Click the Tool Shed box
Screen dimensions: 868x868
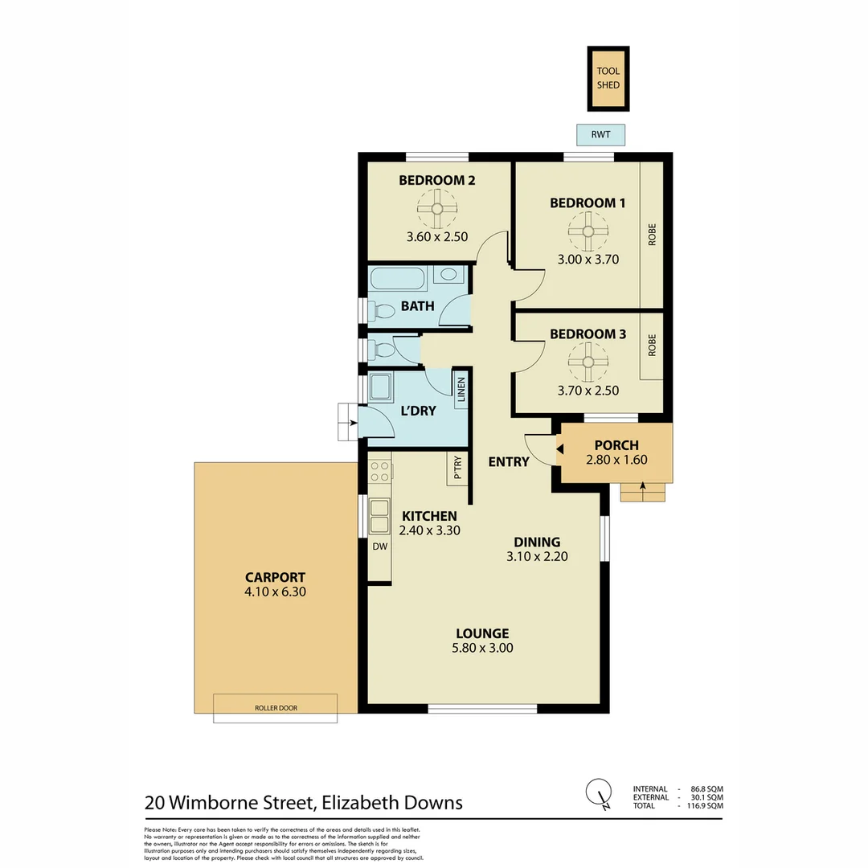608,78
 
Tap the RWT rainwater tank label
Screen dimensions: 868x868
600,135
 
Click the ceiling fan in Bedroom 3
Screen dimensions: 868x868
588,362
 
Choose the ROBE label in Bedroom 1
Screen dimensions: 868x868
652,240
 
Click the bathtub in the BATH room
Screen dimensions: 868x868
399,278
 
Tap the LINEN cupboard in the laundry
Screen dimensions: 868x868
461,391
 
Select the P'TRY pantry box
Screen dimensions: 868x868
457,469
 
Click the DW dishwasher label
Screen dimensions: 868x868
379,546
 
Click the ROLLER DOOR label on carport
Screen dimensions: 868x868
275,708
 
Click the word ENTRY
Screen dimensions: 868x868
509,461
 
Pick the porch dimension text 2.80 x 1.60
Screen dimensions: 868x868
616,461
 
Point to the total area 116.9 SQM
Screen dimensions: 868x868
704,805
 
